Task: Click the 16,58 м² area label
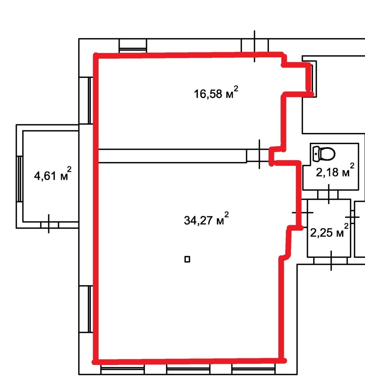pyautogui.click(x=216, y=92)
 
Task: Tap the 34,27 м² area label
pyautogui.click(x=206, y=219)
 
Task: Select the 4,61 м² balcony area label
pyautogui.click(x=53, y=174)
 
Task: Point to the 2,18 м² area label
pyautogui.click(x=335, y=170)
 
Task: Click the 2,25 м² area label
pyautogui.click(x=329, y=230)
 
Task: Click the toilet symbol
pyautogui.click(x=324, y=154)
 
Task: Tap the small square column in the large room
pyautogui.click(x=187, y=259)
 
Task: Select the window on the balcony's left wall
pyautogui.click(x=20, y=179)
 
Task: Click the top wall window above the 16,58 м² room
pyautogui.click(x=133, y=46)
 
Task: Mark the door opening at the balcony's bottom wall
pyautogui.click(x=49, y=225)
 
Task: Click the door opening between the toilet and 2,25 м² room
pyautogui.click(x=328, y=195)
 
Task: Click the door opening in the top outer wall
pyautogui.click(x=255, y=46)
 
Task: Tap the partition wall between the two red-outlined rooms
pyautogui.click(x=172, y=156)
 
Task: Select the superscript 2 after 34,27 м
pyautogui.click(x=227, y=214)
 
